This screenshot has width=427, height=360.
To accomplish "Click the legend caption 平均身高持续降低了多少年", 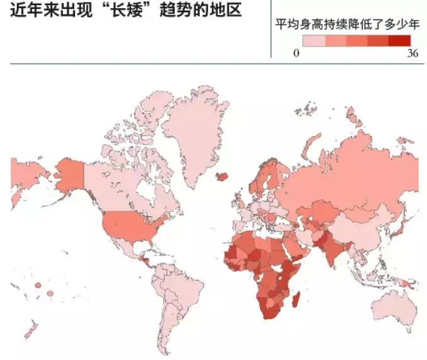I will (x=347, y=25).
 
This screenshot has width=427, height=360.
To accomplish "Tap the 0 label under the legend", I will (x=295, y=54).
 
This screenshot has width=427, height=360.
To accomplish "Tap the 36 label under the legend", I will (x=413, y=54).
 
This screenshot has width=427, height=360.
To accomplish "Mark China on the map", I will (x=356, y=227).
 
